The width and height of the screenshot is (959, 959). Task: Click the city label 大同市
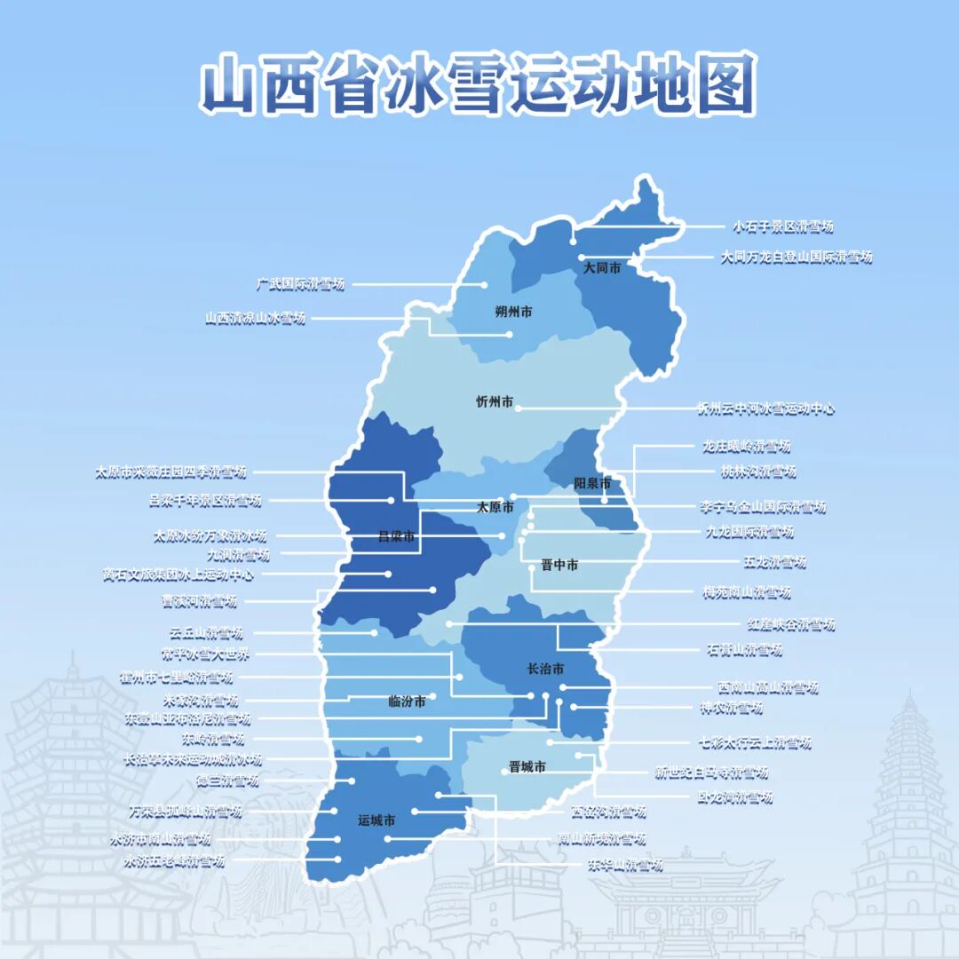pos(601,267)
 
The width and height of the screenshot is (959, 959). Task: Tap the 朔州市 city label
pos(513,312)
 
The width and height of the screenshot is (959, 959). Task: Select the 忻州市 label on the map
pos(495,402)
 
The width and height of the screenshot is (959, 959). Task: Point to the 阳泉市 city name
pos(592,484)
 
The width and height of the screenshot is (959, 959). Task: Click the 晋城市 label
pos(527,767)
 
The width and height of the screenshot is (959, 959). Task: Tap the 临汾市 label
pos(407,701)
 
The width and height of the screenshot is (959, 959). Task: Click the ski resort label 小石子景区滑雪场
pos(783,227)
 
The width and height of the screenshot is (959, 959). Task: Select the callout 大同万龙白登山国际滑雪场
pos(797,258)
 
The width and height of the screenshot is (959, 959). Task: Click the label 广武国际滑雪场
pos(300,285)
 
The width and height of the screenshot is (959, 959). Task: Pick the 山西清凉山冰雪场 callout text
pos(256,318)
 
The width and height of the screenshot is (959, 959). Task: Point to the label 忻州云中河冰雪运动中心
pos(765,409)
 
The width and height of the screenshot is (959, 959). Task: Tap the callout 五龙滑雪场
pos(774,562)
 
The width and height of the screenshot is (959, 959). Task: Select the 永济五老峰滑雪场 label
pos(175,861)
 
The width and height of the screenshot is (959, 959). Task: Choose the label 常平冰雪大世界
pos(206,655)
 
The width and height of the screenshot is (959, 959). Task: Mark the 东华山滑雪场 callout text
pos(625,865)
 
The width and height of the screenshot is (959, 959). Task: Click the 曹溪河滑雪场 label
pos(199,602)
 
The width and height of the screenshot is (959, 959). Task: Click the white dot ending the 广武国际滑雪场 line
pos(485,285)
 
